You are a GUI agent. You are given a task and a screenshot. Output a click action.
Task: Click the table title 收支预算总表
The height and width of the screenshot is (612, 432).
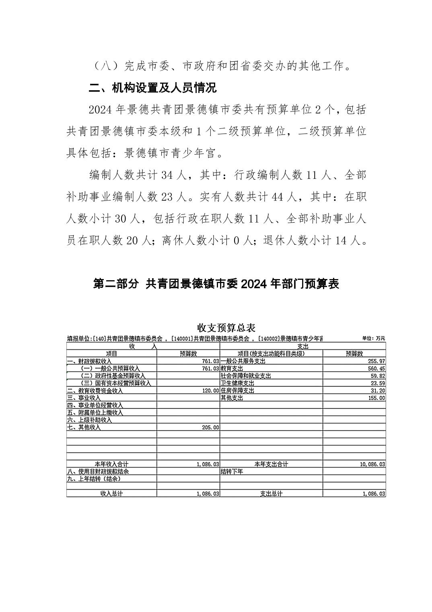[226, 328]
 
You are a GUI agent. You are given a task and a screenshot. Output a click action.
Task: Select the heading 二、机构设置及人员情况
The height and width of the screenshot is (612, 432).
[152, 88]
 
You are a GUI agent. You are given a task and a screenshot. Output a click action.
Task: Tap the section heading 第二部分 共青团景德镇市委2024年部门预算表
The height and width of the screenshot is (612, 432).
[216, 284]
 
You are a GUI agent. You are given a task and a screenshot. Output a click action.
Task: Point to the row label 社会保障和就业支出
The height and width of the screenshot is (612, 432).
[246, 376]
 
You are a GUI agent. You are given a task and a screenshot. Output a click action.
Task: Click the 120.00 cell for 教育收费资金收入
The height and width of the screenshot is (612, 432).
[211, 391]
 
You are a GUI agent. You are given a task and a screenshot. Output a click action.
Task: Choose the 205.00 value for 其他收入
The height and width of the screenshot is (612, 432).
[211, 428]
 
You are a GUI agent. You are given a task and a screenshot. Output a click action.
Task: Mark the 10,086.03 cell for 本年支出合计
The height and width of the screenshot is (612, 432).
[372, 464]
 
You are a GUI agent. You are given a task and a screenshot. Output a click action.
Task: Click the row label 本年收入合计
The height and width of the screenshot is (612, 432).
[111, 464]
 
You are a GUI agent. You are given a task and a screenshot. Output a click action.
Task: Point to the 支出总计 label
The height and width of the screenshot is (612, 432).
[271, 494]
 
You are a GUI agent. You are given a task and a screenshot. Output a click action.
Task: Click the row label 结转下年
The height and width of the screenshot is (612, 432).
[232, 471]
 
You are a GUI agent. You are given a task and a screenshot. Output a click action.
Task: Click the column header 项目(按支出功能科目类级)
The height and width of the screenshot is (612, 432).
[271, 354]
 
